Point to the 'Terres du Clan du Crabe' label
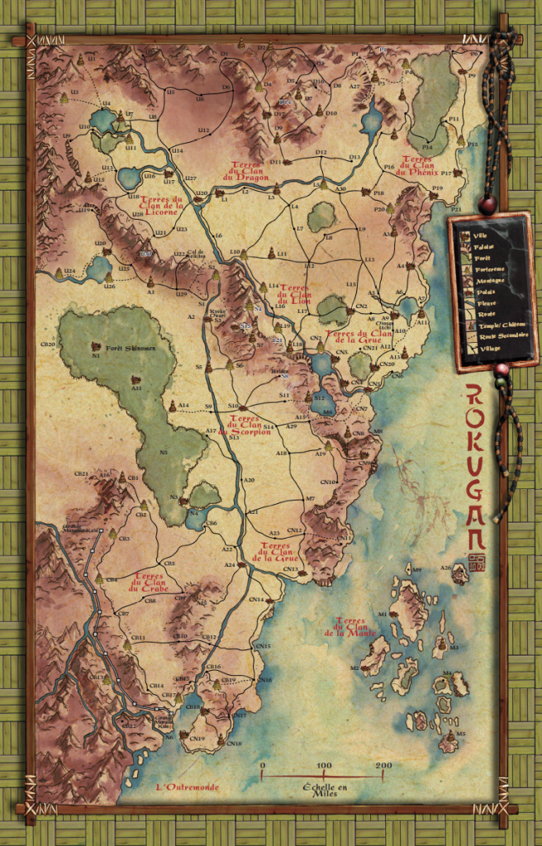coord(148,582)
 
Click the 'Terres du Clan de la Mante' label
coord(356,627)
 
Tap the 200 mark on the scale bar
coord(383,766)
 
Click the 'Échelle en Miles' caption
coord(323,787)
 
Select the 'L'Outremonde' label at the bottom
coord(188,787)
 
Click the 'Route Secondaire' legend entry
coord(487,338)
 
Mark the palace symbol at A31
coord(135,379)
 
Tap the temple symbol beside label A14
coord(172,406)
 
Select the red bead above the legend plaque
coord(488,201)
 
